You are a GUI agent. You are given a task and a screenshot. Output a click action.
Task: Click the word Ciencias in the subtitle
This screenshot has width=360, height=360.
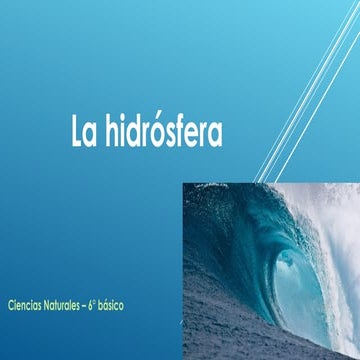click(23, 301)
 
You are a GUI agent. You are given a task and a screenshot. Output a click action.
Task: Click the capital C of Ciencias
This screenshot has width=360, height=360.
click(9, 301)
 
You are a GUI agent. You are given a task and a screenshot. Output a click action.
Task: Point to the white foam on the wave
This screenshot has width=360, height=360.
click(335, 240)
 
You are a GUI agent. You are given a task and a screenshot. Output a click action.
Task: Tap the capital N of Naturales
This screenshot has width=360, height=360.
click(48, 301)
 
